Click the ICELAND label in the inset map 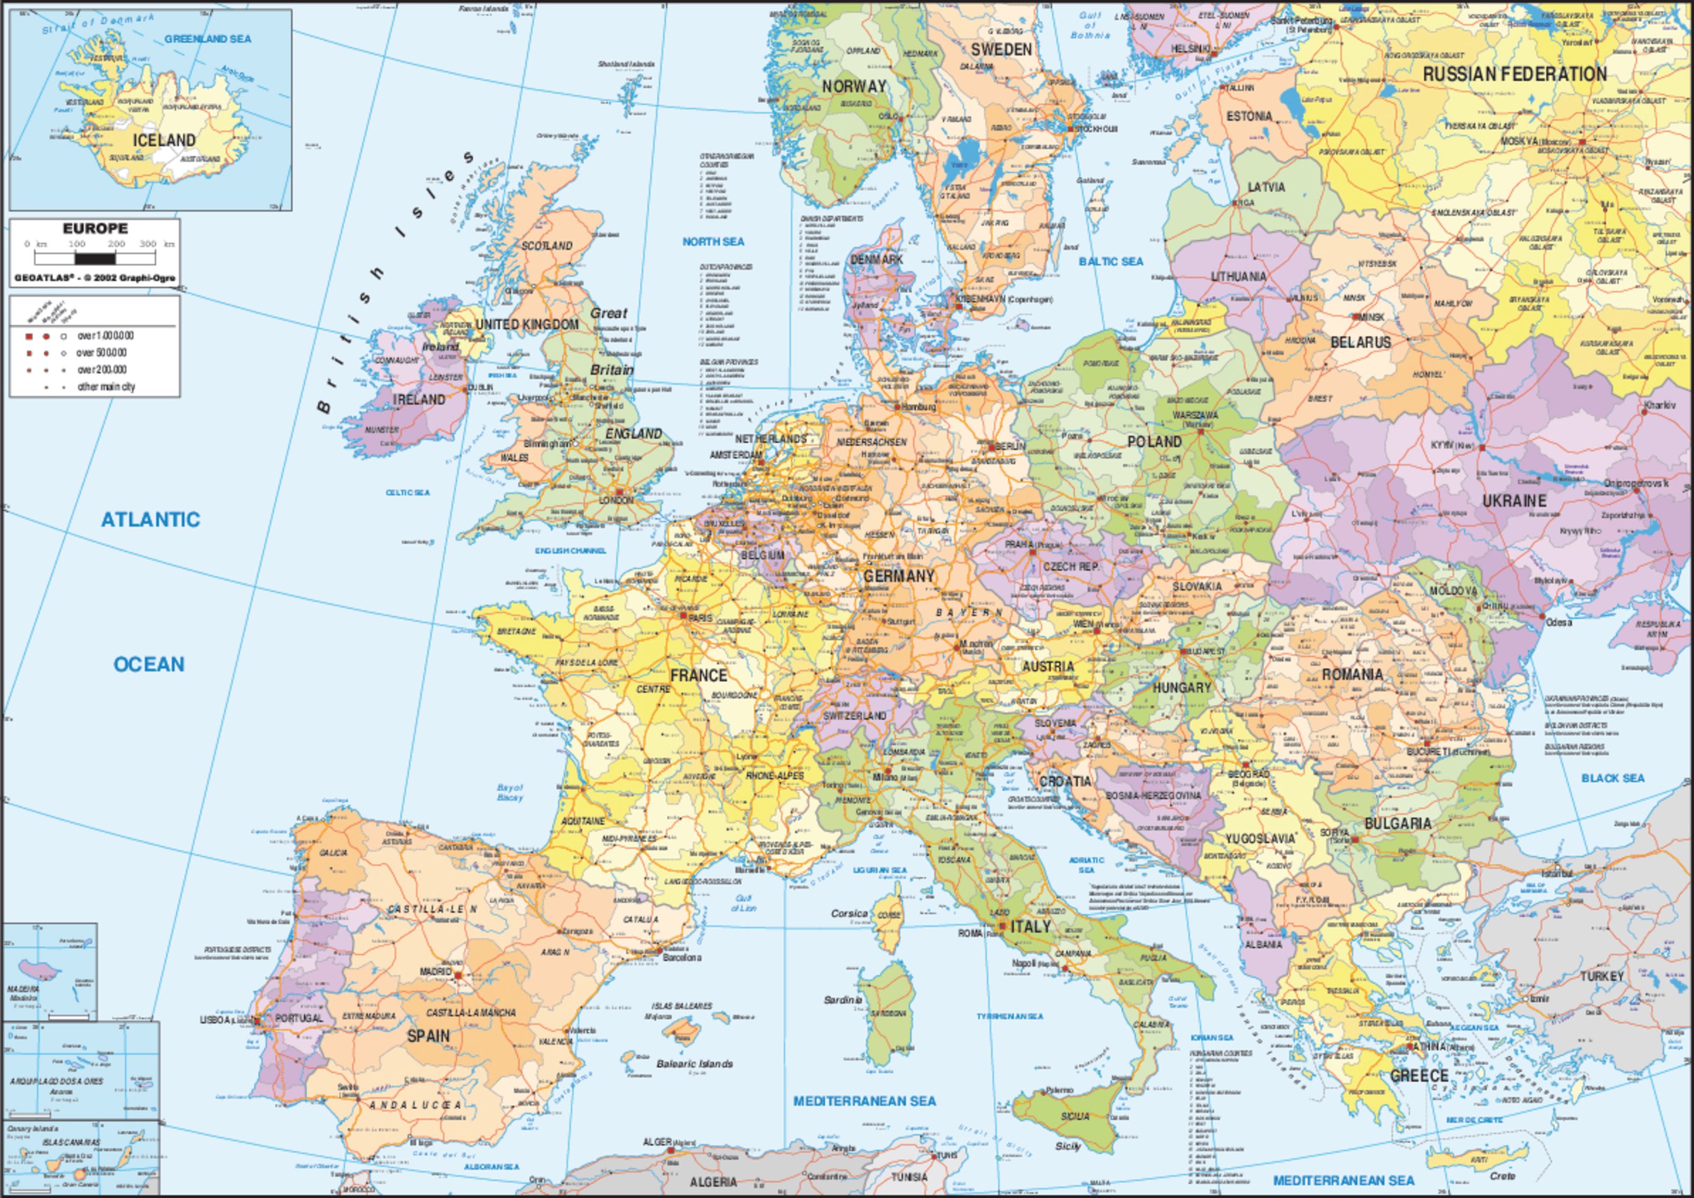164,140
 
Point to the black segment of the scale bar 96,259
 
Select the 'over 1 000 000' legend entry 105,335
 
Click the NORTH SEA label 713,241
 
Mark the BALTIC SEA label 1111,261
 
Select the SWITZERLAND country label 854,715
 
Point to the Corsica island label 849,913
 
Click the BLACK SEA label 1613,777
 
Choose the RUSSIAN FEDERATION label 1515,75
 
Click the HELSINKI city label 1190,49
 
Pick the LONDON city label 616,500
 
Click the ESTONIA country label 1249,116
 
